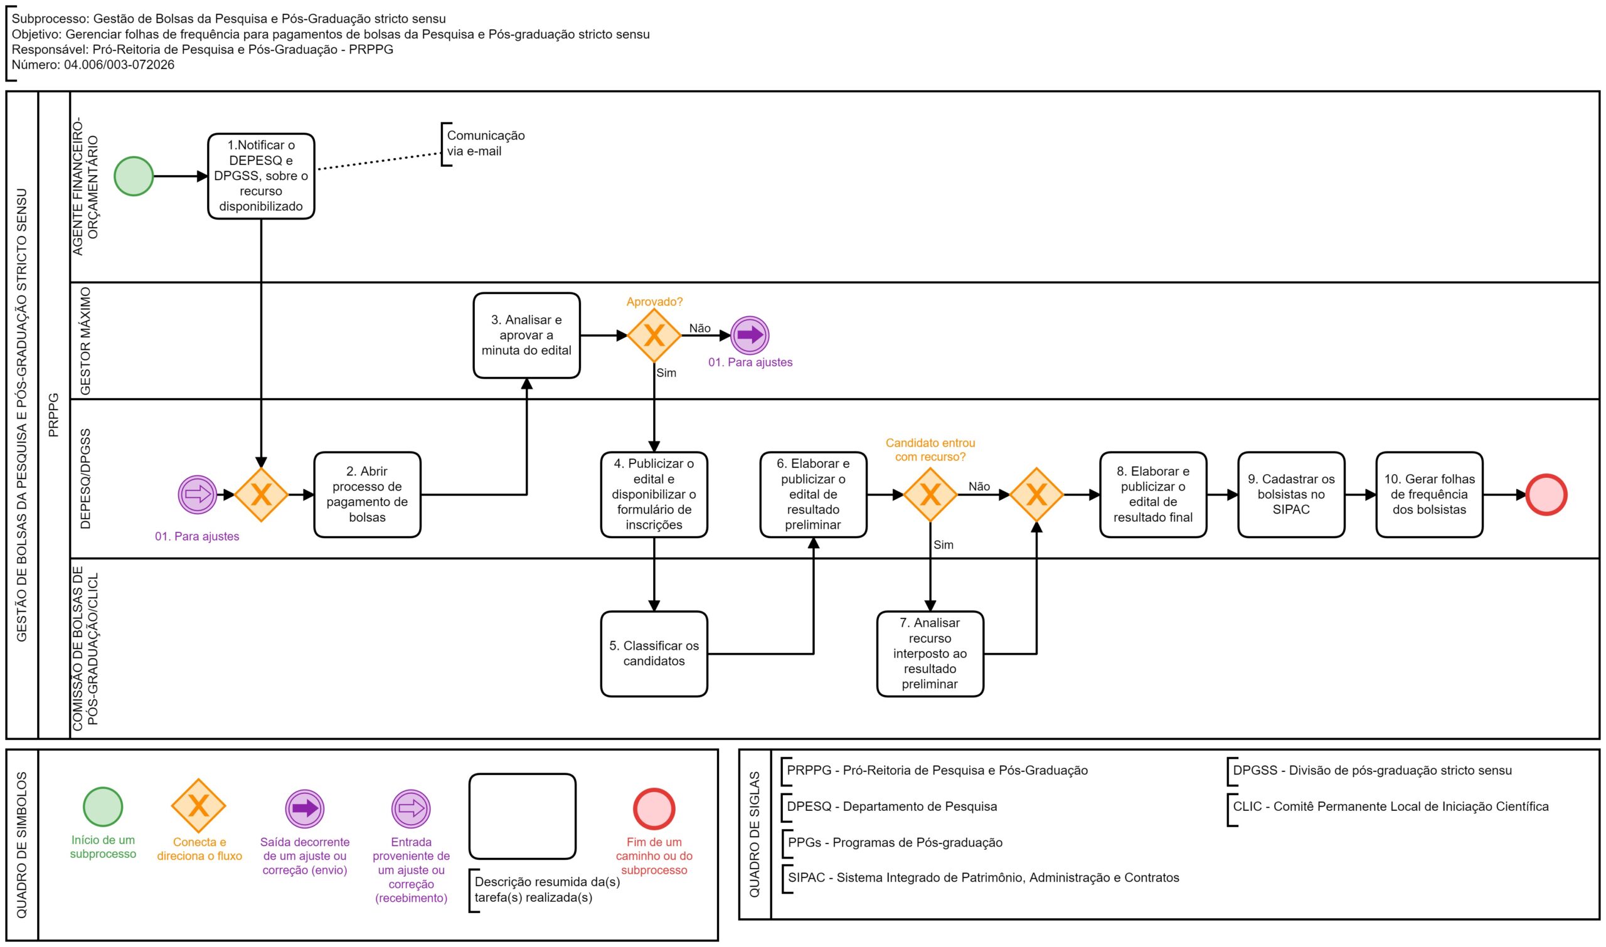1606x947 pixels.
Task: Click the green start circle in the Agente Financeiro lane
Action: tap(134, 176)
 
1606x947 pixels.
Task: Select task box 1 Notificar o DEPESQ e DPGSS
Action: tap(261, 176)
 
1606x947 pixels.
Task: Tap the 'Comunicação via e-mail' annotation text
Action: tap(486, 144)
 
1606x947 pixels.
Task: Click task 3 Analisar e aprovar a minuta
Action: tap(526, 336)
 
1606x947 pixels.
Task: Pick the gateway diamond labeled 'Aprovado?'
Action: tap(654, 336)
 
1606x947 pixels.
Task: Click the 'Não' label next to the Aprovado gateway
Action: tap(699, 328)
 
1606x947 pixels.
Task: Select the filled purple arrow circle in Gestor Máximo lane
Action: tap(750, 336)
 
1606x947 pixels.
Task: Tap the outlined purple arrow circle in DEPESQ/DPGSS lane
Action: tap(198, 495)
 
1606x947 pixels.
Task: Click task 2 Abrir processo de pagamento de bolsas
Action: tap(367, 495)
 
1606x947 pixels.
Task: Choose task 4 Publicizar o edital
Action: tap(654, 495)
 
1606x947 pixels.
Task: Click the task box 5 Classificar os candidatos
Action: tap(654, 653)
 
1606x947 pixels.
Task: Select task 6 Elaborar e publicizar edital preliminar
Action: tap(813, 495)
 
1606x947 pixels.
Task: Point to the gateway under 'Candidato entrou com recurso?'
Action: tap(930, 495)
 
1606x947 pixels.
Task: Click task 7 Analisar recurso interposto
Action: tap(930, 653)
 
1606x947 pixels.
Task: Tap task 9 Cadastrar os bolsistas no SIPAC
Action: tap(1291, 495)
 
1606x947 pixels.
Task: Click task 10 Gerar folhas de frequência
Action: tap(1429, 495)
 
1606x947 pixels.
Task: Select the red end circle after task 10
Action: tap(1546, 495)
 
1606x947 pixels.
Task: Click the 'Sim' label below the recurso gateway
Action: tap(944, 544)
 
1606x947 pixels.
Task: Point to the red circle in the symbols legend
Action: tap(654, 808)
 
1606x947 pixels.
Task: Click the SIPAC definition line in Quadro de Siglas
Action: tap(983, 877)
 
